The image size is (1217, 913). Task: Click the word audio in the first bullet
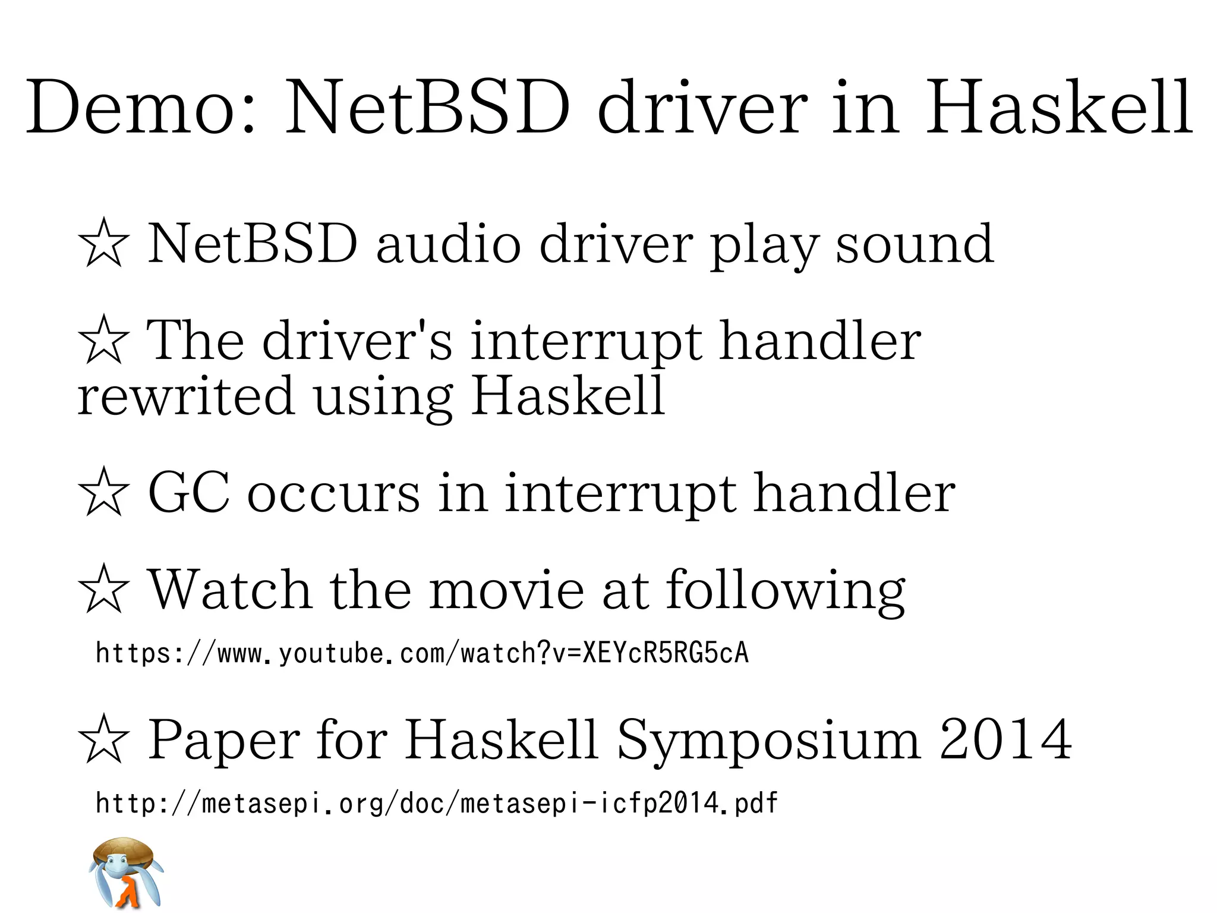[x=449, y=244]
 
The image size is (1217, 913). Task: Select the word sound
[x=915, y=244]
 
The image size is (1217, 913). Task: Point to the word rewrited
[x=186, y=396]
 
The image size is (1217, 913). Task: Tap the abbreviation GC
[x=188, y=493]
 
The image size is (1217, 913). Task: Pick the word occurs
[x=333, y=494]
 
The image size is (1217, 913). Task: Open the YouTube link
[x=422, y=653]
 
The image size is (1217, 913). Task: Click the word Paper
[x=223, y=741]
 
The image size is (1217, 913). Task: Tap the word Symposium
[x=770, y=741]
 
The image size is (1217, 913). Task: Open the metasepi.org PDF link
[x=437, y=804]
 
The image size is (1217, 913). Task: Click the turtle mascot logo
[x=126, y=872]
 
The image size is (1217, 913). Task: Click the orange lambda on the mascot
[x=128, y=892]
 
